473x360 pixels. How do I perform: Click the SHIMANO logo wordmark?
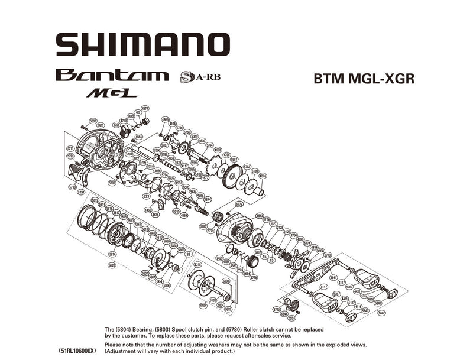point(142,44)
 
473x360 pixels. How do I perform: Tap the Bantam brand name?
point(112,76)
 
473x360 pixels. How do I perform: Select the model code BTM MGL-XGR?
point(364,79)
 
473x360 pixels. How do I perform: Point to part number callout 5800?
point(93,121)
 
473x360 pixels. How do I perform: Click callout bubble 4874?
point(145,108)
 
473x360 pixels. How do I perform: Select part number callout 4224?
point(263,176)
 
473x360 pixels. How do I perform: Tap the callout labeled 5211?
point(70,148)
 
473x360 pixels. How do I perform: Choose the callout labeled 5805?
point(203,305)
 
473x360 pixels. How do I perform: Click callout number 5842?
point(381,313)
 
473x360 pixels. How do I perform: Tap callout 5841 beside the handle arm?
point(333,277)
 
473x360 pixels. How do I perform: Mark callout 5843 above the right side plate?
point(259,216)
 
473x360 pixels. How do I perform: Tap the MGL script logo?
point(112,93)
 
